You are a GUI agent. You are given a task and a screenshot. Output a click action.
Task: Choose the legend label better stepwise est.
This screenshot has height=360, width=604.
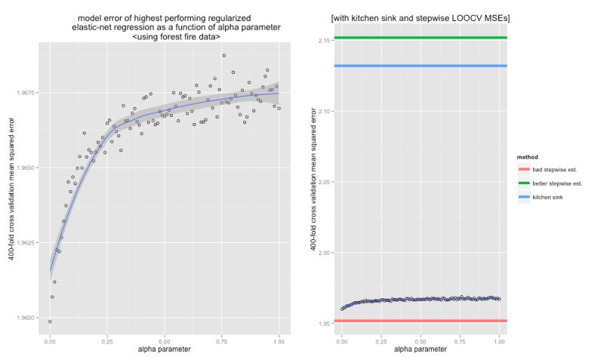pyautogui.click(x=557, y=183)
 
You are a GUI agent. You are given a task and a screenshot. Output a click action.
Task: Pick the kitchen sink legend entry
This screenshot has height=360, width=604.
pyautogui.click(x=547, y=197)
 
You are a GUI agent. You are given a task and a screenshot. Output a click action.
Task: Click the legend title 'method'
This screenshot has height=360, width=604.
pyautogui.click(x=527, y=157)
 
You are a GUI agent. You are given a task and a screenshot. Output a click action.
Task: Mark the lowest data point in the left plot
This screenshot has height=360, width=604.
pyautogui.click(x=50, y=322)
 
